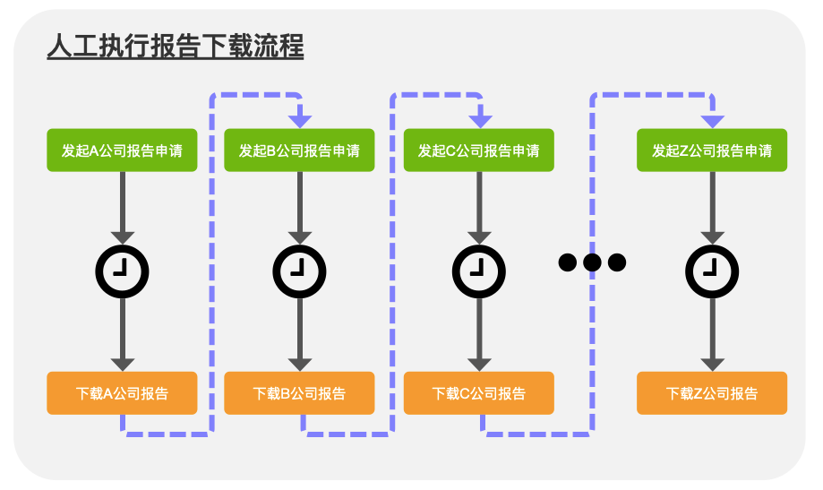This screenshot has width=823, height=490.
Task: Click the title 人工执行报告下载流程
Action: [x=175, y=47]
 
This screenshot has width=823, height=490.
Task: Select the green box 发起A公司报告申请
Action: [x=122, y=150]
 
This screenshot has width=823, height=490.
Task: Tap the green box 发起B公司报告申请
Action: [x=299, y=150]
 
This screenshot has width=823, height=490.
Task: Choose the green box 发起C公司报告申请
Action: [x=479, y=150]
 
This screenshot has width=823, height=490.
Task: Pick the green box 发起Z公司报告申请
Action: [x=712, y=150]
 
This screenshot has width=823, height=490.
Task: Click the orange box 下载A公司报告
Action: [x=122, y=393]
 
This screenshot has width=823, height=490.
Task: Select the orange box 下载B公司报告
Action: [x=299, y=393]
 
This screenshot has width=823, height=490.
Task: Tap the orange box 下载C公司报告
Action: [x=479, y=393]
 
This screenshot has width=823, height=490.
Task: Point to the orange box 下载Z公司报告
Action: [x=712, y=393]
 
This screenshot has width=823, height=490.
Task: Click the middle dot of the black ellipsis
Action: [x=592, y=262]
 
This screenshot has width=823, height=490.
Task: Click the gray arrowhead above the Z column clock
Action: [x=712, y=236]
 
